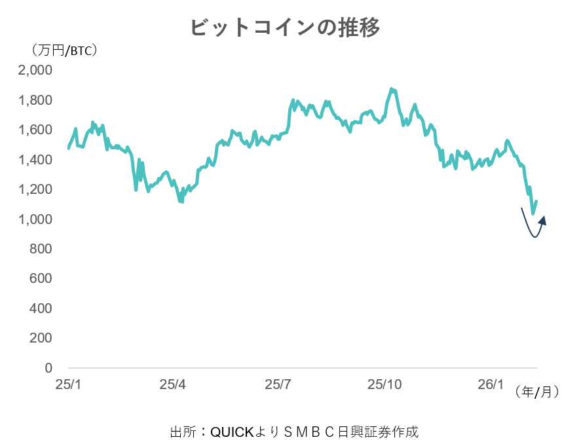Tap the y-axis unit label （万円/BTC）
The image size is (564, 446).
pyautogui.click(x=63, y=50)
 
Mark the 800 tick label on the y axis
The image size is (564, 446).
pyautogui.click(x=41, y=249)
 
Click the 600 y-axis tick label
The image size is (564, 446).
pyautogui.click(x=41, y=279)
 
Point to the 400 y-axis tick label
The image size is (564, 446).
pyautogui.click(x=41, y=308)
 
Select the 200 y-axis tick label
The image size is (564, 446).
pyautogui.click(x=41, y=339)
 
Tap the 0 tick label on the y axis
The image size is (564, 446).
pyautogui.click(x=48, y=368)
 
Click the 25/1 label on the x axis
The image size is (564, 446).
pyautogui.click(x=67, y=384)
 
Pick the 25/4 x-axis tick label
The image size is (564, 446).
pyautogui.click(x=173, y=384)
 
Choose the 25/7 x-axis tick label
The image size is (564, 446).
pyautogui.click(x=278, y=384)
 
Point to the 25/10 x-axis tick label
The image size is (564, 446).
pyautogui.click(x=386, y=384)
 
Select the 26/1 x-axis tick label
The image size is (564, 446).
pyautogui.click(x=491, y=384)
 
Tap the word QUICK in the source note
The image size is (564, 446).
pyautogui.click(x=229, y=432)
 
